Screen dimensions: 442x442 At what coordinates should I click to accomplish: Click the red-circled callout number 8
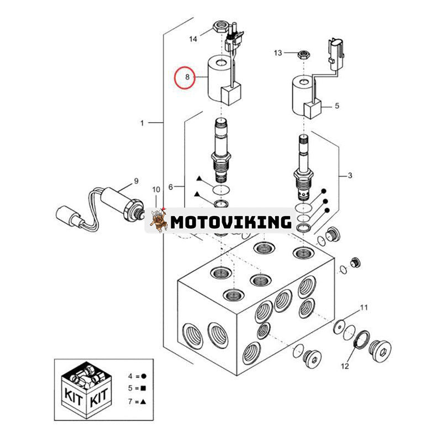point(187,78)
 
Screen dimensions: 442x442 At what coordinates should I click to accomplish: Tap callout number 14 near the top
point(193,39)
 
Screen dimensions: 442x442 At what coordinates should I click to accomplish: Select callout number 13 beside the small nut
point(278,52)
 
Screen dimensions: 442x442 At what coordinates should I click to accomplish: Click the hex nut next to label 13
point(303,54)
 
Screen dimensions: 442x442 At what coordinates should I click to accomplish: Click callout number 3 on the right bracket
point(349,176)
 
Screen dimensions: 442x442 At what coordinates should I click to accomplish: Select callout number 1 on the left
point(142,123)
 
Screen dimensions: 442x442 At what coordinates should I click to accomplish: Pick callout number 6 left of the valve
point(171,187)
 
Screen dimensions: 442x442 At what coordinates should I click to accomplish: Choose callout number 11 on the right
point(364,307)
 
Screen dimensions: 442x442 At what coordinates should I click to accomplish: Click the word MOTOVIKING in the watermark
point(231,222)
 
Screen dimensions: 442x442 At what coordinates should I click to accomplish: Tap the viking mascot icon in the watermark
point(159,221)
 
